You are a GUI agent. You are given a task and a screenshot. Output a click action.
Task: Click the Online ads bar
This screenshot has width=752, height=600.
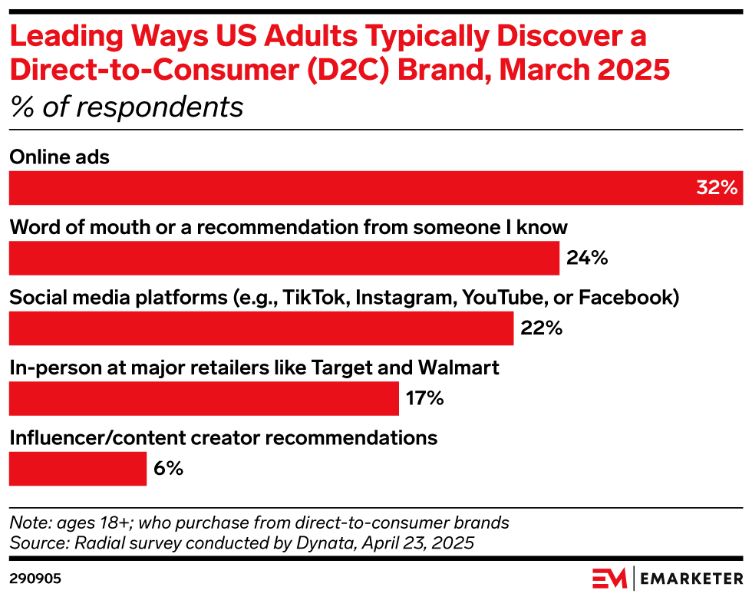point(368,188)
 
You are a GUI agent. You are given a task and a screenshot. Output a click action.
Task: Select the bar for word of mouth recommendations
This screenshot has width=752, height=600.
point(284,258)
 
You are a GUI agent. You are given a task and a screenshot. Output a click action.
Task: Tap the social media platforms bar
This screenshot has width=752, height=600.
point(261,328)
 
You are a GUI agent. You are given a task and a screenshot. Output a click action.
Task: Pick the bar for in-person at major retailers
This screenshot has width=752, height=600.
point(204,399)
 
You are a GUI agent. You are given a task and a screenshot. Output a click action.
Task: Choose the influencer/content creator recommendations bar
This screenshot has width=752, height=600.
point(78,469)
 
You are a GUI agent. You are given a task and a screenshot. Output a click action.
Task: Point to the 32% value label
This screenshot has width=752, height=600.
point(717,188)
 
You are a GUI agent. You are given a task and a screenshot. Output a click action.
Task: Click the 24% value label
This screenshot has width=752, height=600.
point(587,259)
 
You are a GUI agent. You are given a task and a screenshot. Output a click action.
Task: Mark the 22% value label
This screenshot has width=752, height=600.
point(542,328)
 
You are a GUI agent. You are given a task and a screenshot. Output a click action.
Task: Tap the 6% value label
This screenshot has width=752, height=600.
point(168,469)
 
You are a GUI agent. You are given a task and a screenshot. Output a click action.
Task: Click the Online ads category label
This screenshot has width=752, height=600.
point(60,157)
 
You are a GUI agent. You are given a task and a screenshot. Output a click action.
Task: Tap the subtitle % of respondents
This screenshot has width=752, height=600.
point(127,107)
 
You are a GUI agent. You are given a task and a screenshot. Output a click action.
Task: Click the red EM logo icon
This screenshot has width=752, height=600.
point(609,577)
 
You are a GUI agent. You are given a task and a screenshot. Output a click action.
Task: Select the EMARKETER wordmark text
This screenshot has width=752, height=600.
point(691,577)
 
